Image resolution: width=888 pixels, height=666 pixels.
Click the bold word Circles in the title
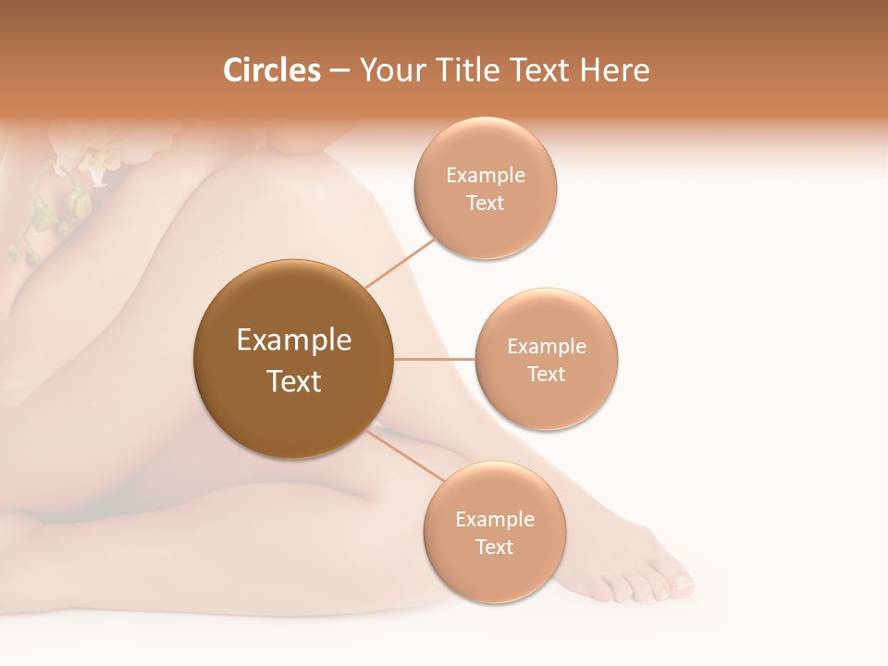[x=272, y=70]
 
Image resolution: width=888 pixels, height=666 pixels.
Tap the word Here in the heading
[x=614, y=70]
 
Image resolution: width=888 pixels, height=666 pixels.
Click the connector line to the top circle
[x=399, y=264]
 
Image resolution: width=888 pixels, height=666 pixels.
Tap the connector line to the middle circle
[x=434, y=359]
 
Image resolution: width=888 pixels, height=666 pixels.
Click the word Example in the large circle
[x=294, y=340]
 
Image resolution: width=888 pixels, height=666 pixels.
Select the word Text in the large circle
[x=294, y=381]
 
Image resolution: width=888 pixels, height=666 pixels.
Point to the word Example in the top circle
[x=485, y=176]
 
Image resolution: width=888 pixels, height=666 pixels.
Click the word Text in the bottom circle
[x=494, y=548]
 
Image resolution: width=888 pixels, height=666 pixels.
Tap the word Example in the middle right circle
[x=547, y=347]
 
